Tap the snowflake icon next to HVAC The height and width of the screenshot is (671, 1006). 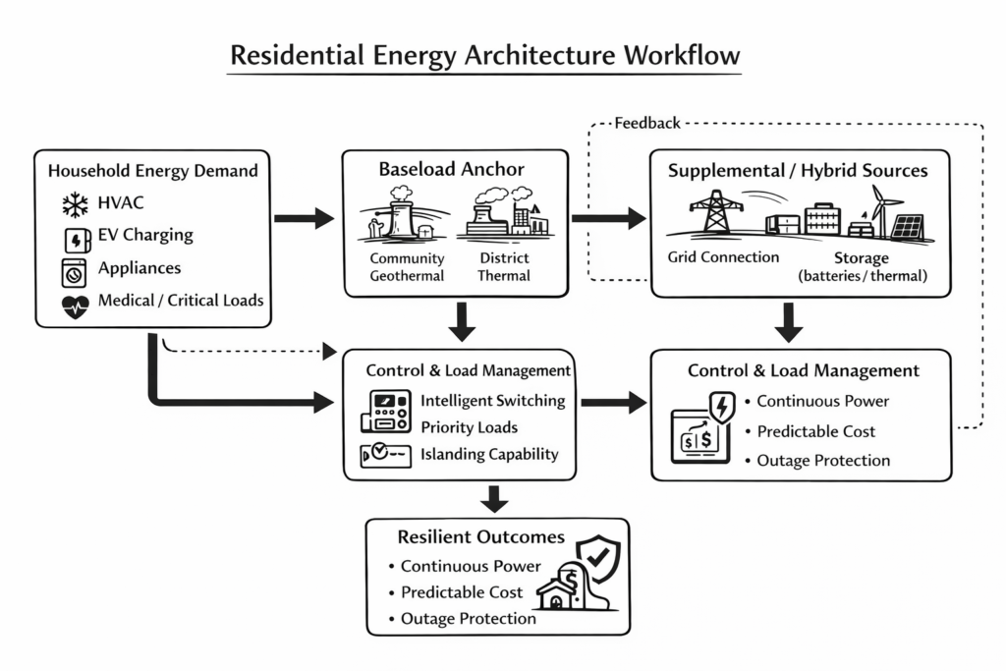pyautogui.click(x=75, y=204)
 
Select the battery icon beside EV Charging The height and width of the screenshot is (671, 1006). pyautogui.click(x=76, y=239)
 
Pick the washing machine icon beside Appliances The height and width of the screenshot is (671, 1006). pyautogui.click(x=75, y=271)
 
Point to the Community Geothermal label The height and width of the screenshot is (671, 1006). pyautogui.click(x=407, y=267)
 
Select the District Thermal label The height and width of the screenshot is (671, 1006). pyautogui.click(x=504, y=267)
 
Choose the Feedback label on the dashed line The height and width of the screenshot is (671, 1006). pyautogui.click(x=647, y=123)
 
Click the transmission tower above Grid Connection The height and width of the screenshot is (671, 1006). pyautogui.click(x=716, y=212)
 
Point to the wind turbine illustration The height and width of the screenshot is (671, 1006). pyautogui.click(x=886, y=206)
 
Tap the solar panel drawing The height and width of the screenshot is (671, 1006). pyautogui.click(x=908, y=228)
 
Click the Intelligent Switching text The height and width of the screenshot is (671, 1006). pyautogui.click(x=493, y=401)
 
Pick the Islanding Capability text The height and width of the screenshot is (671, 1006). pyautogui.click(x=489, y=454)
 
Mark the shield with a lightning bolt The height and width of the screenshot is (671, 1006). pyautogui.click(x=722, y=406)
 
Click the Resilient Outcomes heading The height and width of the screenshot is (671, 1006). pyautogui.click(x=481, y=537)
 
